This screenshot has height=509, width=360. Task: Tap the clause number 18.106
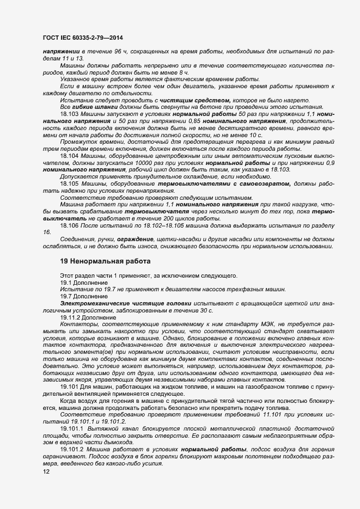click(70, 224)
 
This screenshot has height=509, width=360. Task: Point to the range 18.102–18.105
click(163, 224)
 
